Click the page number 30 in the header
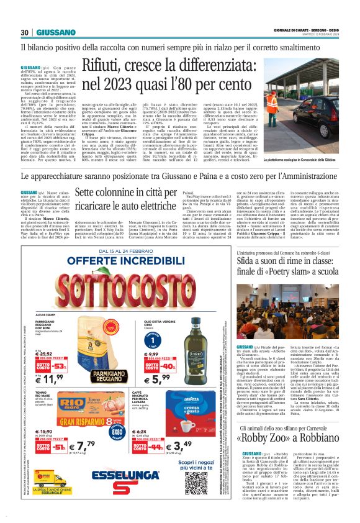point(25,32)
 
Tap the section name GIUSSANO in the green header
point(55,32)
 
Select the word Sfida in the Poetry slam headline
point(253,262)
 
